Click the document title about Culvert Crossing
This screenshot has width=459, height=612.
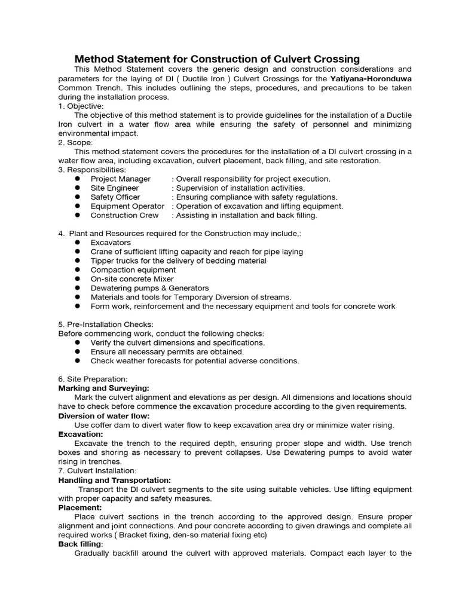pyautogui.click(x=216, y=59)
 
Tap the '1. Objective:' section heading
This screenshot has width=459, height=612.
pyautogui.click(x=81, y=106)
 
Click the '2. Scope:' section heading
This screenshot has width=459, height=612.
pyautogui.click(x=76, y=142)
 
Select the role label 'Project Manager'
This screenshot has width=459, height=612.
pyautogui.click(x=120, y=179)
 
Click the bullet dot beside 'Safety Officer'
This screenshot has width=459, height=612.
pyautogui.click(x=78, y=197)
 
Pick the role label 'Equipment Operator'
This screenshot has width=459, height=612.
pyautogui.click(x=127, y=206)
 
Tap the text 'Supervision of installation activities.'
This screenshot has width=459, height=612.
pyautogui.click(x=240, y=188)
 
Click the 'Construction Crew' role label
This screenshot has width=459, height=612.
pyautogui.click(x=124, y=215)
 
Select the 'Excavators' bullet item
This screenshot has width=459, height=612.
pyautogui.click(x=111, y=243)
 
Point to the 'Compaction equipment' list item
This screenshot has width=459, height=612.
pyautogui.click(x=133, y=270)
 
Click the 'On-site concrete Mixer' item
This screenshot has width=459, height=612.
pyautogui.click(x=132, y=279)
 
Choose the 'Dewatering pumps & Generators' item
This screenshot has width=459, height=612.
pyautogui.click(x=149, y=288)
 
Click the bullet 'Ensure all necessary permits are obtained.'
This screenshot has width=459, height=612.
pyautogui.click(x=167, y=352)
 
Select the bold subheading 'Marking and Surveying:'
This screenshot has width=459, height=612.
pyautogui.click(x=103, y=388)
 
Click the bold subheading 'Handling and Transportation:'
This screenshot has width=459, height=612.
pyautogui.click(x=114, y=480)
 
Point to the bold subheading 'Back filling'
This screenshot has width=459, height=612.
pyautogui.click(x=80, y=544)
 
